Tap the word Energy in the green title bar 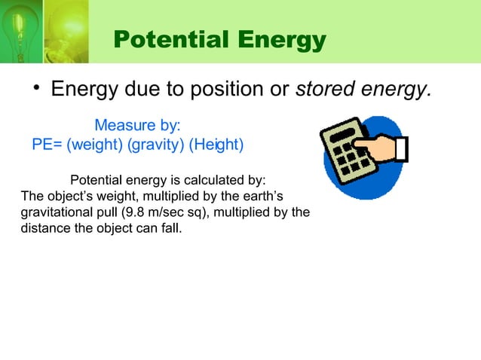[x=274, y=40]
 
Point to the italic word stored [x=321, y=90]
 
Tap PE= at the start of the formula [x=47, y=144]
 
